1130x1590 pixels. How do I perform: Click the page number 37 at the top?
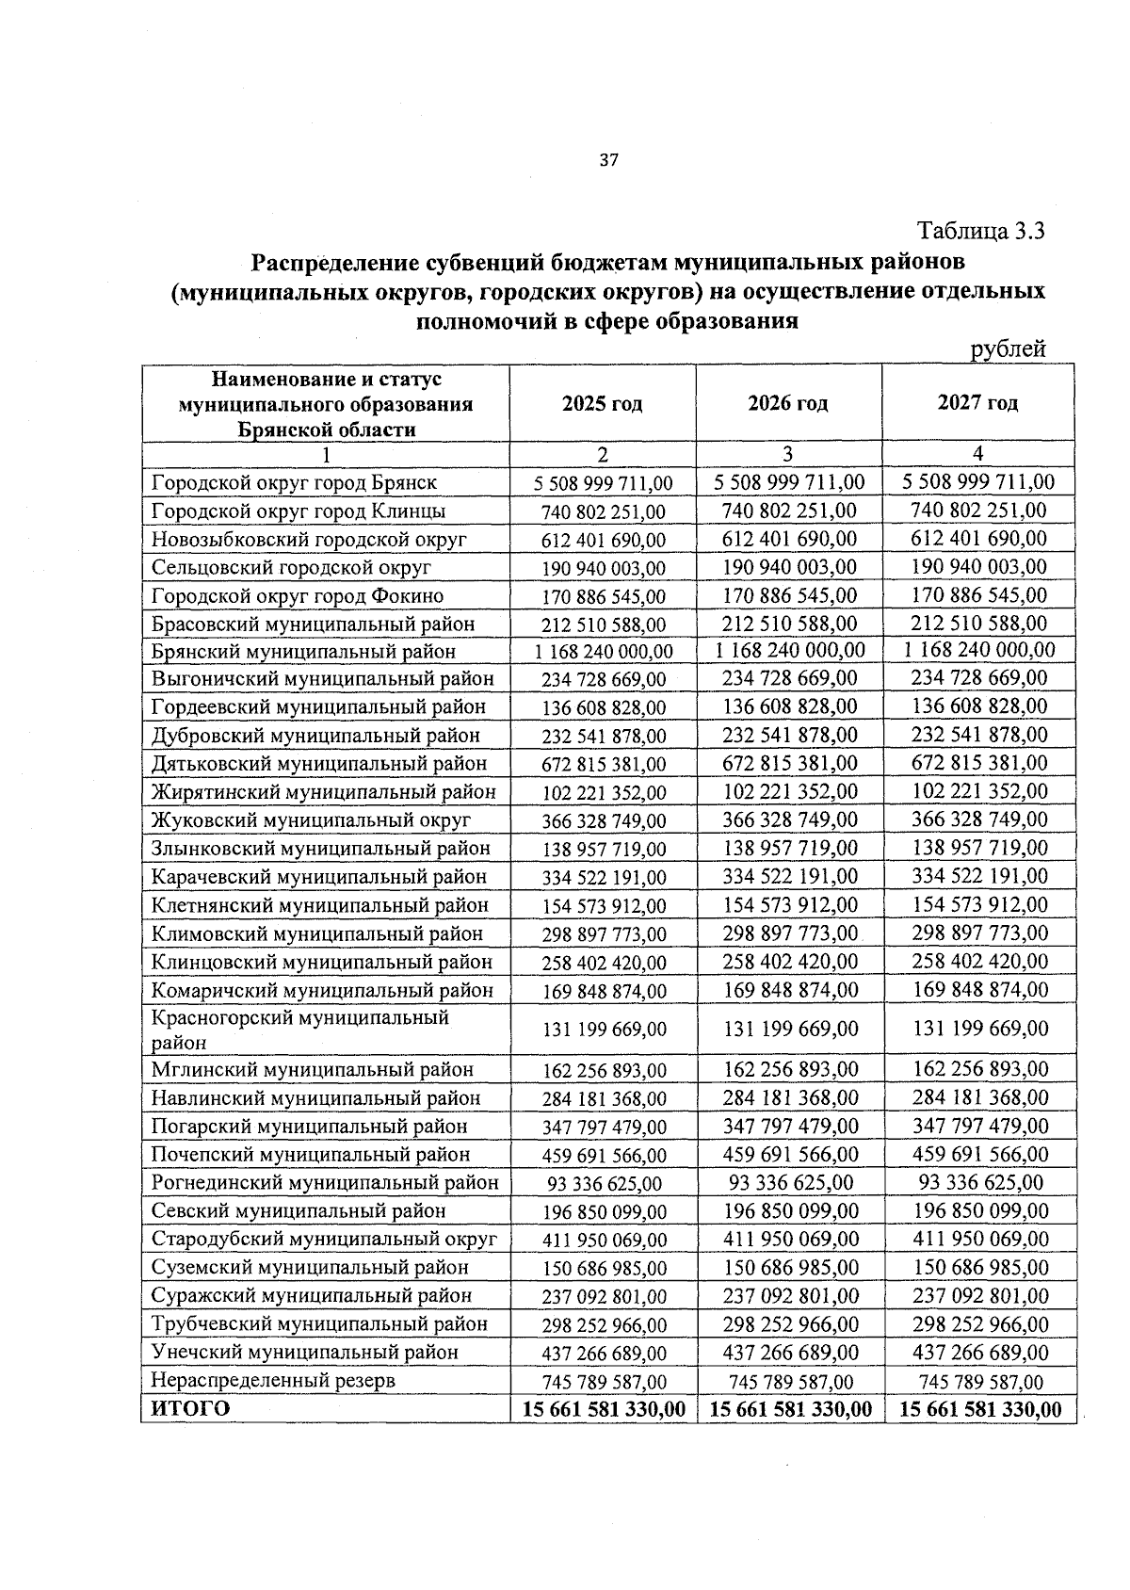608,160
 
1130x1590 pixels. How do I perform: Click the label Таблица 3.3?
981,231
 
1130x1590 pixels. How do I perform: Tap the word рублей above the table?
1008,349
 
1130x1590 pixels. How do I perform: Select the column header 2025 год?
602,404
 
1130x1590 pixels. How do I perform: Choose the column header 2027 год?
977,403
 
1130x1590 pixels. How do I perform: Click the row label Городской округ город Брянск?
294,482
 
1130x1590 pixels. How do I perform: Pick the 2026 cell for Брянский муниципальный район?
789,650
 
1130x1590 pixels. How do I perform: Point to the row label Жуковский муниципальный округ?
311,820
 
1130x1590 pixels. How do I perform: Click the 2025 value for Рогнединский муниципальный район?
603,1184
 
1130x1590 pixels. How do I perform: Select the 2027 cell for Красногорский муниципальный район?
979,1029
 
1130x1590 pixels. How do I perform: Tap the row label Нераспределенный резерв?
273,1380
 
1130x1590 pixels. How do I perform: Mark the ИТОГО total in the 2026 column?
789,1409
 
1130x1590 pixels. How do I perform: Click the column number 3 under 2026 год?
789,454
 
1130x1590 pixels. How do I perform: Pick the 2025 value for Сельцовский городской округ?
603,568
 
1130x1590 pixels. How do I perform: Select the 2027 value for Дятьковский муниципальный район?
979,763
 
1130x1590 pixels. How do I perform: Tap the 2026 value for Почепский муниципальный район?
789,1155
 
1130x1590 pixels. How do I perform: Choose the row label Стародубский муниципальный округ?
324,1239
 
